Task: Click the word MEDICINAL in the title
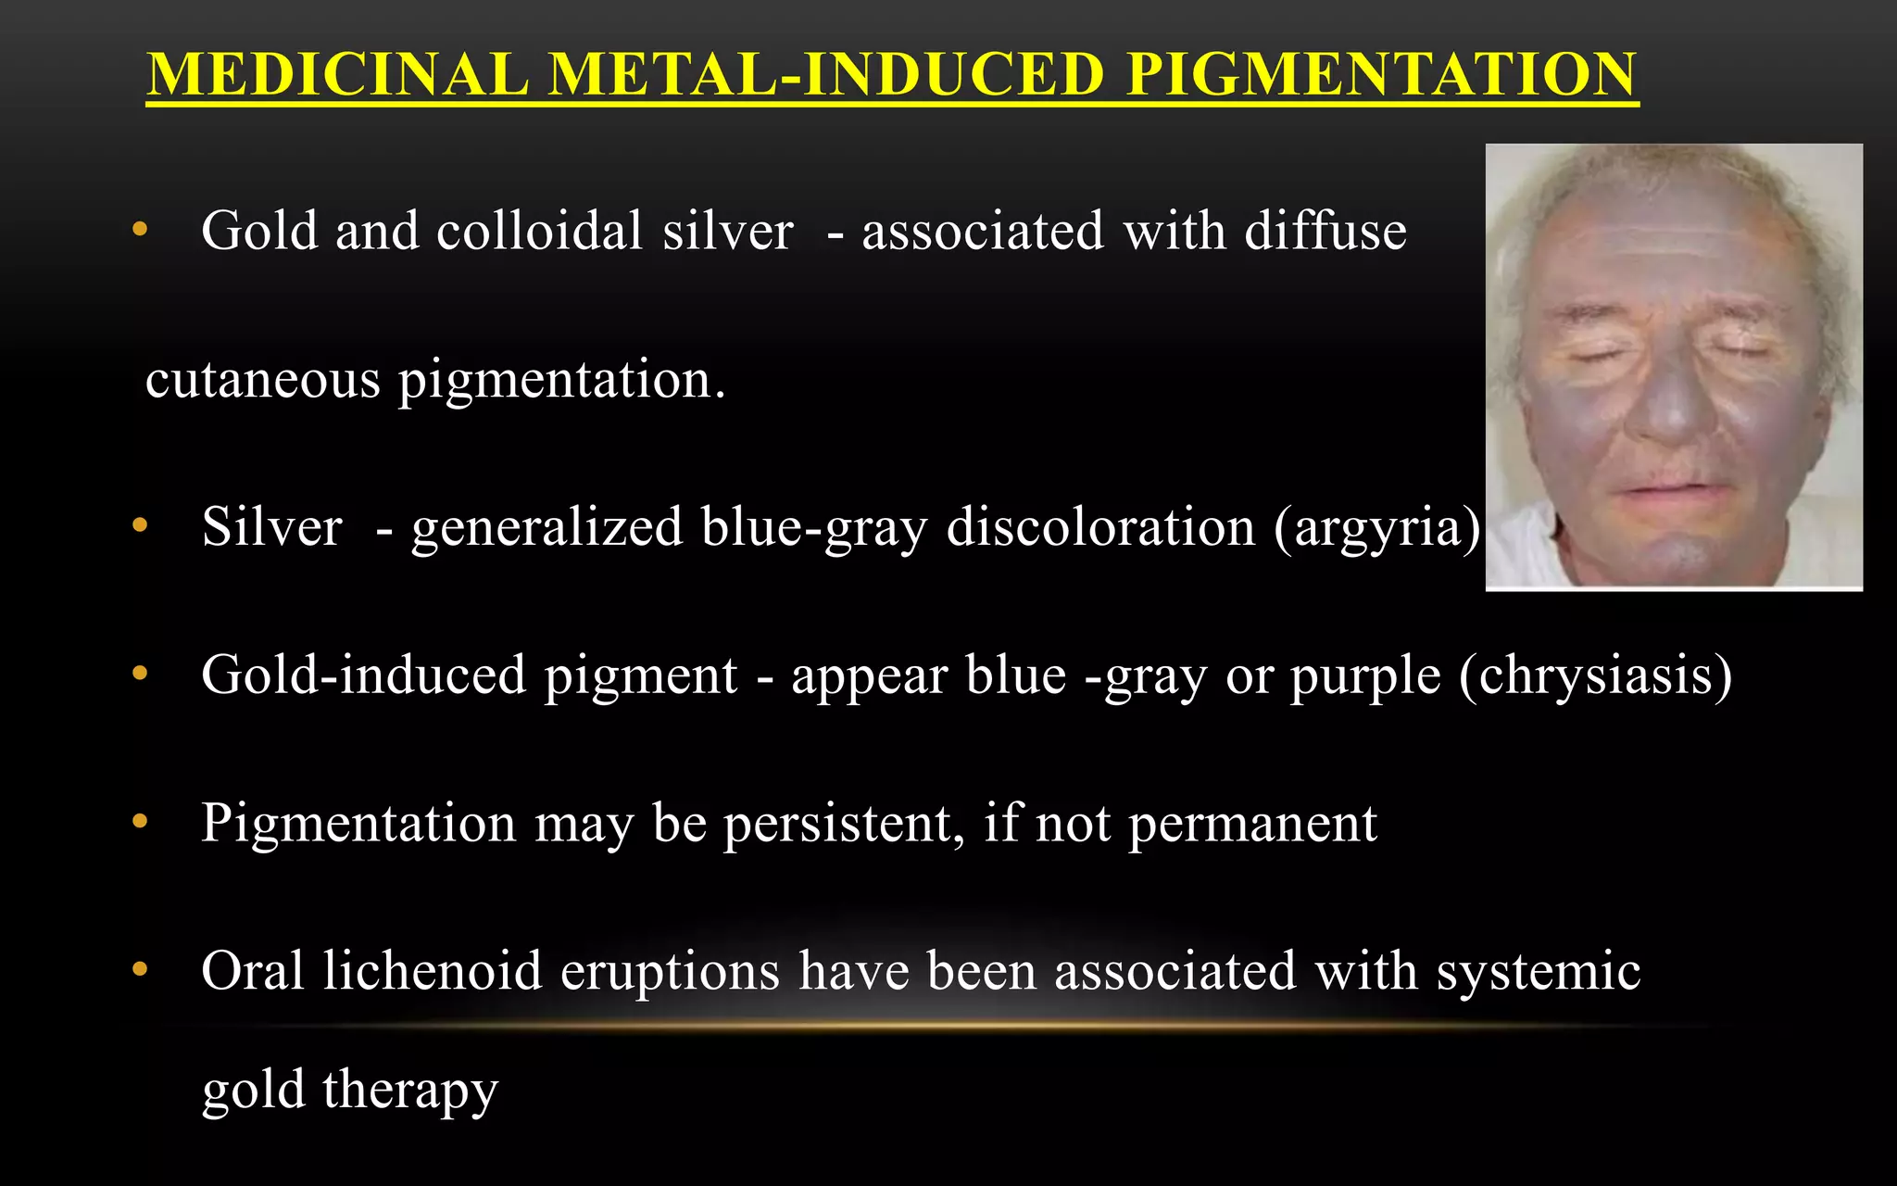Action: [338, 74]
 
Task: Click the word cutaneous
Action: [263, 380]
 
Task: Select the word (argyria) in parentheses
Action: [1377, 528]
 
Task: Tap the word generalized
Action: [546, 528]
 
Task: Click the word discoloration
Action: [1100, 528]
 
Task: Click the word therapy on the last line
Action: [410, 1091]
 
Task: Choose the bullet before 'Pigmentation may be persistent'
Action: [140, 821]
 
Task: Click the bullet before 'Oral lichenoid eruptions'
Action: [140, 969]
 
